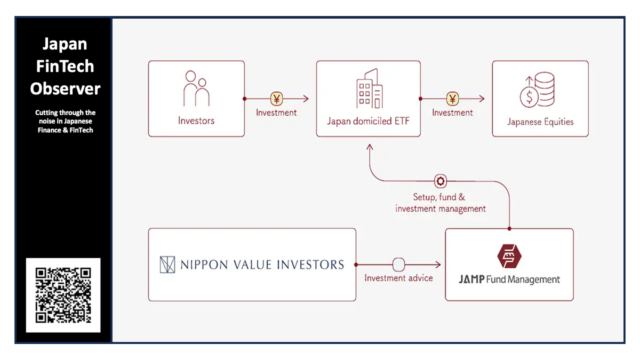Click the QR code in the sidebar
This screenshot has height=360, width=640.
[x=63, y=295]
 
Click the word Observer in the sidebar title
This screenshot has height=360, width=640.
[x=65, y=89]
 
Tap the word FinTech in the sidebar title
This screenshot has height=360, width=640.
[x=65, y=66]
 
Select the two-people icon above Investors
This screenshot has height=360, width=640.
[x=196, y=89]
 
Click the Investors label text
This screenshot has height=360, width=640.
[x=196, y=121]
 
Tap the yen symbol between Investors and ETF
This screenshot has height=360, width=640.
[x=277, y=99]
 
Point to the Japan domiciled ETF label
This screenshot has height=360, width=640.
[x=368, y=121]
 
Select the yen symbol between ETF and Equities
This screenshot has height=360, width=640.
[x=452, y=99]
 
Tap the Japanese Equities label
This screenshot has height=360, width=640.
[x=540, y=122]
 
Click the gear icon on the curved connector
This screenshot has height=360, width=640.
[x=441, y=181]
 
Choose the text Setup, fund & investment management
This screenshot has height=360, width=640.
[x=441, y=203]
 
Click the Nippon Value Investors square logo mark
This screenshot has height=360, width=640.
[x=167, y=265]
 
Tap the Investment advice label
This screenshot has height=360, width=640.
[x=398, y=278]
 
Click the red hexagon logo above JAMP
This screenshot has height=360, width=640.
[x=509, y=255]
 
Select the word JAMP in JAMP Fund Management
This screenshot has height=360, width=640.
[x=471, y=279]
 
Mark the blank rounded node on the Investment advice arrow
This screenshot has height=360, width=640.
[x=398, y=265]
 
